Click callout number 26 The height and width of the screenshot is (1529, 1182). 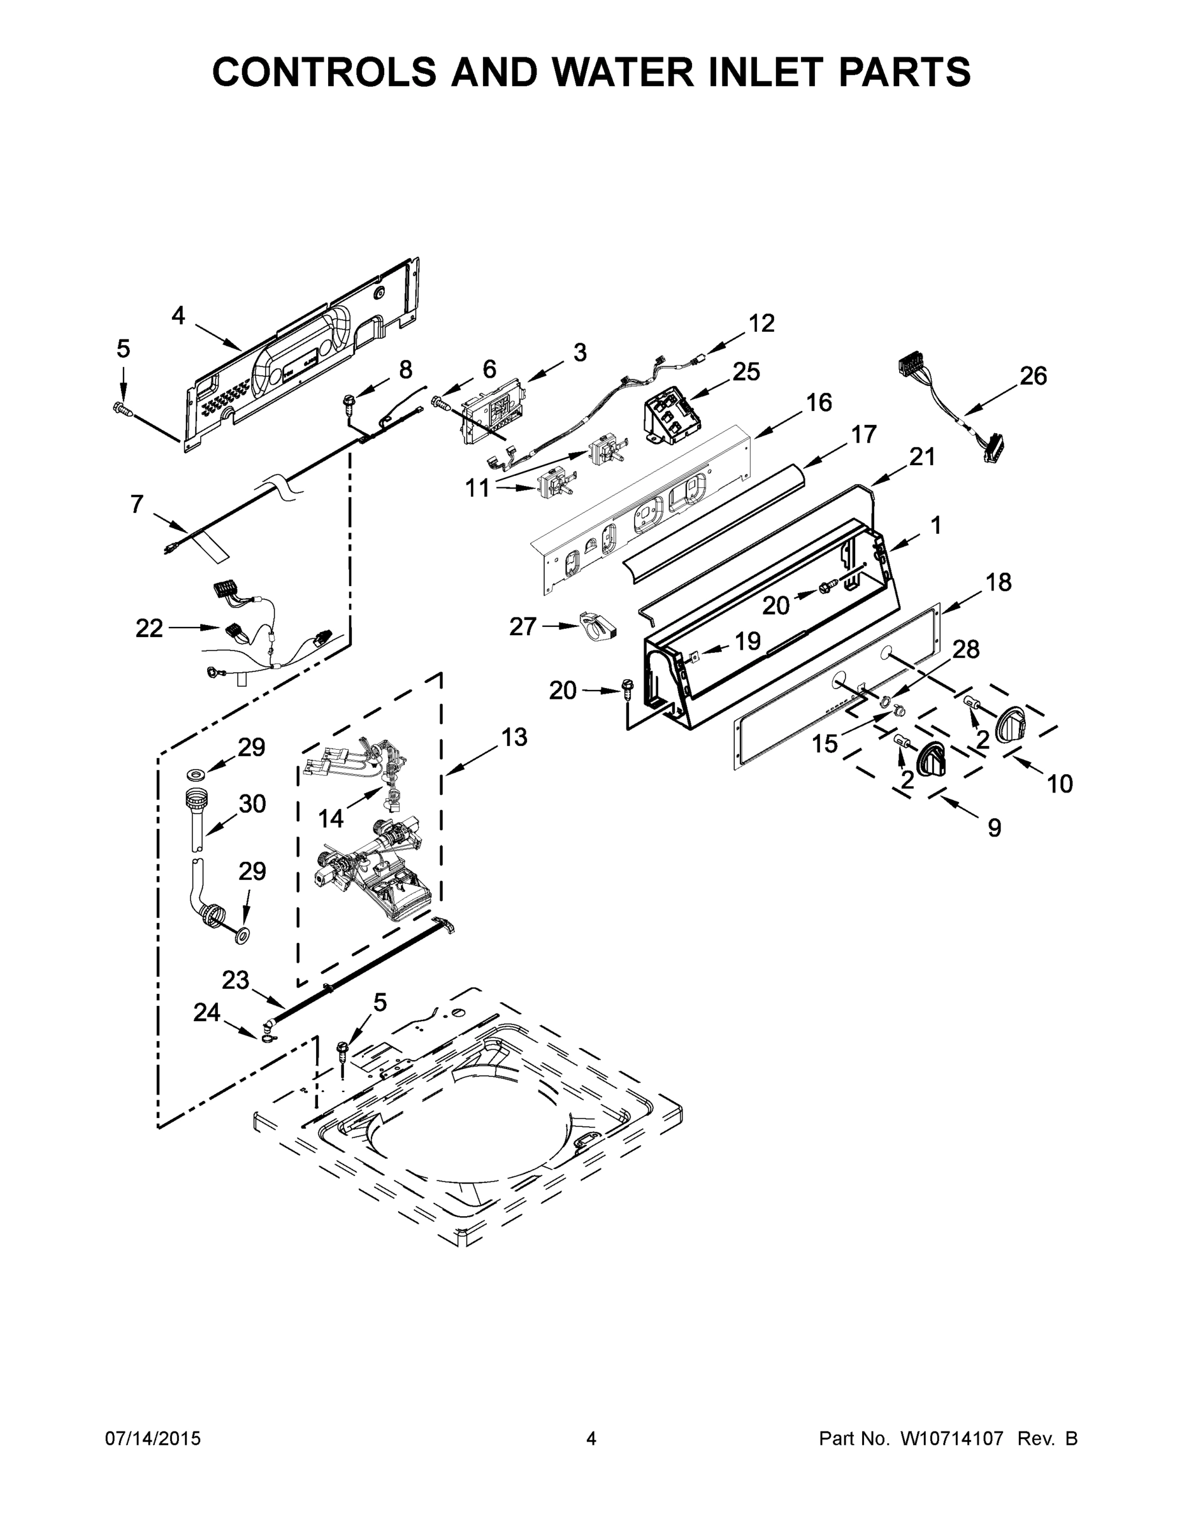coord(1033,377)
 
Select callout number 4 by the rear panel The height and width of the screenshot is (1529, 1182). coord(178,316)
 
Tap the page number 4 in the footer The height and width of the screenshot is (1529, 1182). coord(591,1438)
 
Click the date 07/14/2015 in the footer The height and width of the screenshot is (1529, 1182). coord(153,1439)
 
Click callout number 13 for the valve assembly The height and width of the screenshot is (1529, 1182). coord(514,736)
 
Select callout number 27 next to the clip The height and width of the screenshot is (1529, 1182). coord(523,627)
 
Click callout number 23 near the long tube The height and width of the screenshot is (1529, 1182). coord(235,980)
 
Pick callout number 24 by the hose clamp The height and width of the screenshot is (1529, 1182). coord(206,1012)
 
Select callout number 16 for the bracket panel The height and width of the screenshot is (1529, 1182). coord(819,403)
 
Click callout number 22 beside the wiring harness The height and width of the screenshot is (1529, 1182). coord(149,628)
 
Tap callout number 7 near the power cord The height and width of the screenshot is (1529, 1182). coord(136,503)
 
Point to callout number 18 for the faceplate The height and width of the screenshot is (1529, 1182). coord(998,582)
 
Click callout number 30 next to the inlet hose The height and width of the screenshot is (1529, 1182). coord(252,804)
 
